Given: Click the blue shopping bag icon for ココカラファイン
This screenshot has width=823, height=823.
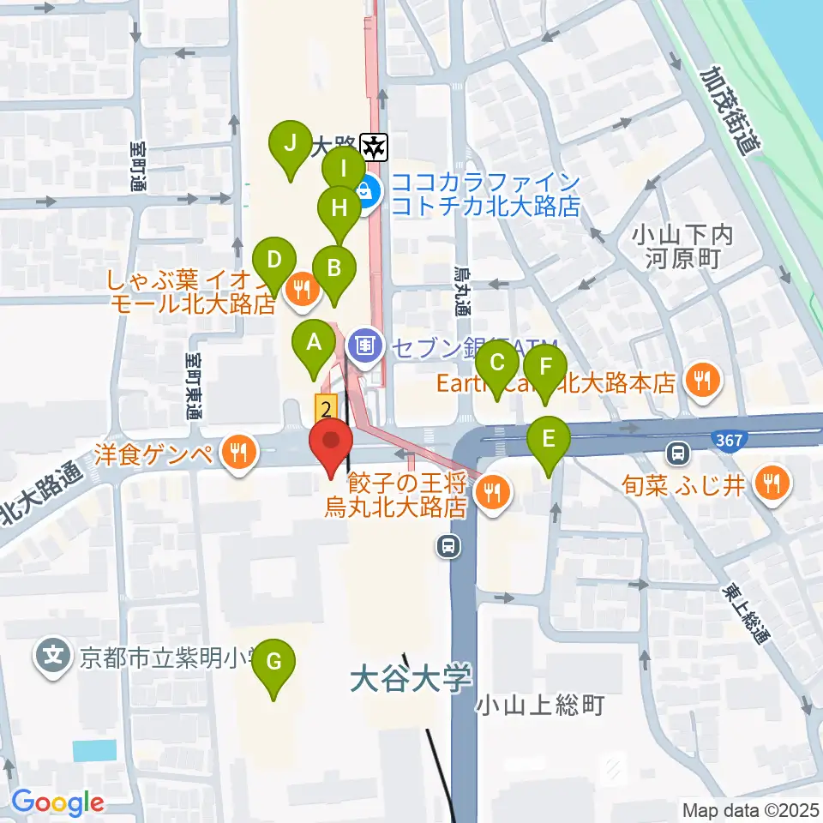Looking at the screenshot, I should (x=365, y=189).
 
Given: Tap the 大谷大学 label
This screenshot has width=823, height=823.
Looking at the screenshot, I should (x=411, y=680).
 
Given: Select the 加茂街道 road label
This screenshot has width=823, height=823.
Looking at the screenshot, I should (x=730, y=111).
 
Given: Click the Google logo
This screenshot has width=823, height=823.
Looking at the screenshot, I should (x=57, y=803).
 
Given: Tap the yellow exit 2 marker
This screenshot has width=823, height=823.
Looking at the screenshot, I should (x=326, y=408).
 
